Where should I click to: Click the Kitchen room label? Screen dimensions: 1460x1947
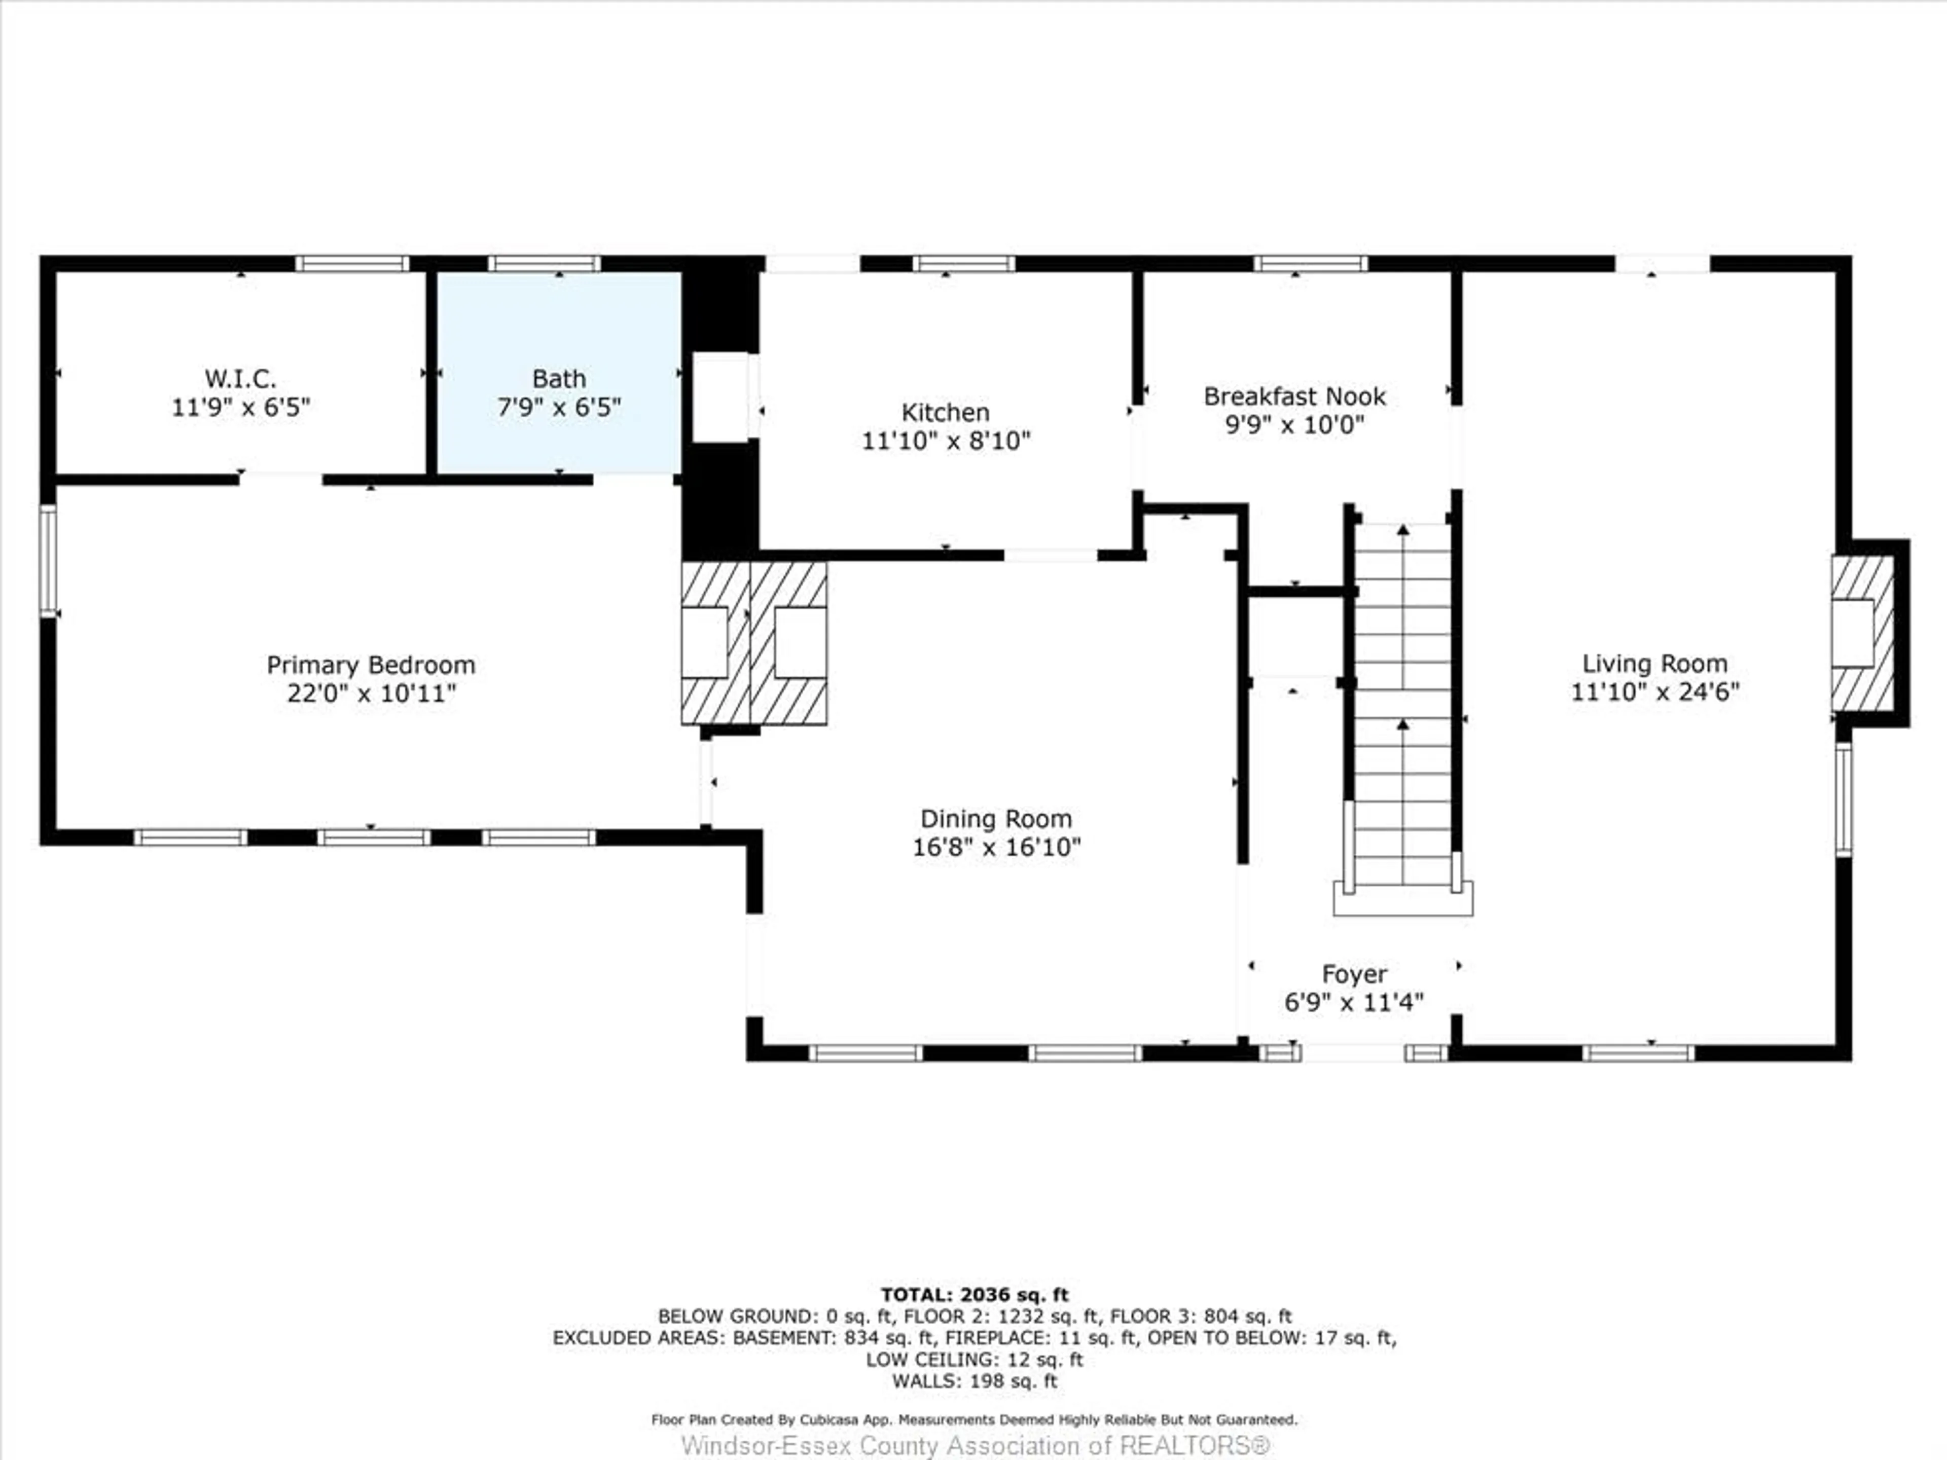[945, 412]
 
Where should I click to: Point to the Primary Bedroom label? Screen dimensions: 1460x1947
[371, 665]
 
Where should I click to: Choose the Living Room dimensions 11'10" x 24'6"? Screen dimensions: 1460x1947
[1655, 691]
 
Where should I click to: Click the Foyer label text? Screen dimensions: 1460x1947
[1354, 974]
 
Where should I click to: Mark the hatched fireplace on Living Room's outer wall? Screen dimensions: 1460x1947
[1862, 634]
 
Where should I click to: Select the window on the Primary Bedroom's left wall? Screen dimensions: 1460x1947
[48, 561]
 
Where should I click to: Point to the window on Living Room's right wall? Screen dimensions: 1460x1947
[1843, 799]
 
